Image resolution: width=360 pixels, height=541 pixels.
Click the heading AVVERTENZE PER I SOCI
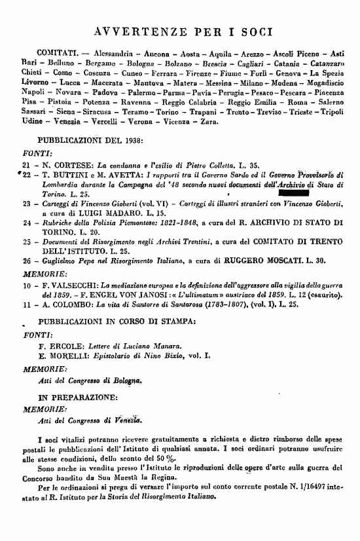point(184,31)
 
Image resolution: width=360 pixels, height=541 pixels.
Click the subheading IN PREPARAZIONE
point(78,397)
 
